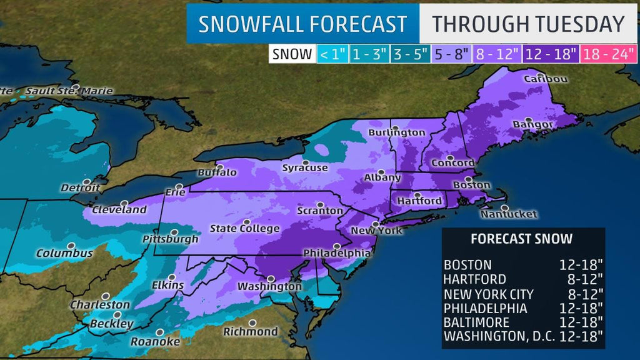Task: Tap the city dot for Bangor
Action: tap(529, 119)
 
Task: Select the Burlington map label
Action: tap(396, 132)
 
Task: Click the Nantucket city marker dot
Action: tap(504, 207)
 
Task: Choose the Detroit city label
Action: tap(81, 187)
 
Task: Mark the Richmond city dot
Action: tap(252, 323)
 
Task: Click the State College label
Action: tap(244, 229)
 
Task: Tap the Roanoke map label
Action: tap(155, 342)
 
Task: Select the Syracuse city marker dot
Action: tap(306, 162)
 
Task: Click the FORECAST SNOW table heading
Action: tap(521, 239)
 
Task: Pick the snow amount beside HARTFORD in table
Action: tap(581, 279)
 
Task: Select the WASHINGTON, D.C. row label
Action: tap(497, 336)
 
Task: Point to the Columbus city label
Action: tap(64, 254)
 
